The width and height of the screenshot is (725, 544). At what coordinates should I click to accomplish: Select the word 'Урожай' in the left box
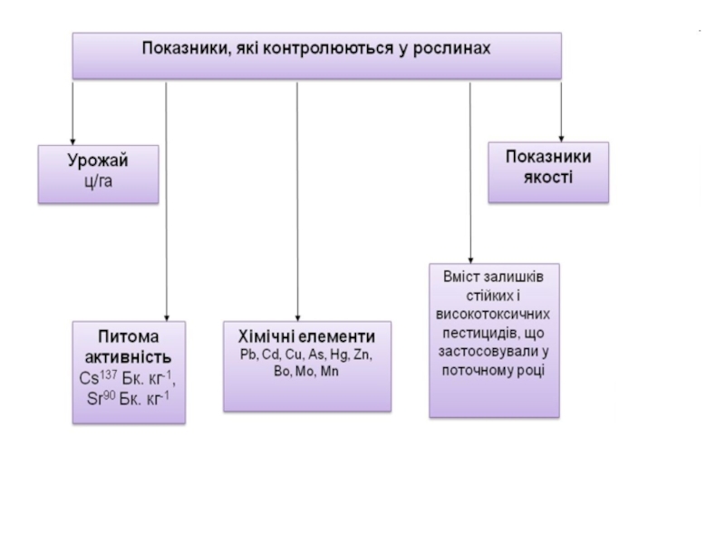click(x=97, y=160)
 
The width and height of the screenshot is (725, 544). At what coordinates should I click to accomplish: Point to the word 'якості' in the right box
click(x=547, y=175)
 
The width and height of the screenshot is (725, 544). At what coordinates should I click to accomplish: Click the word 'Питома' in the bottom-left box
click(x=130, y=336)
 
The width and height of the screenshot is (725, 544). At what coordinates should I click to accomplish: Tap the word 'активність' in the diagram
click(x=131, y=355)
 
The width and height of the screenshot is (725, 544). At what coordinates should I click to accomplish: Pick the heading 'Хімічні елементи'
click(x=307, y=335)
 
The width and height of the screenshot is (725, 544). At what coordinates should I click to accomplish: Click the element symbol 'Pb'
click(x=248, y=355)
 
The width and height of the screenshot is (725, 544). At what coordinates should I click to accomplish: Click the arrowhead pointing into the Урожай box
click(x=72, y=137)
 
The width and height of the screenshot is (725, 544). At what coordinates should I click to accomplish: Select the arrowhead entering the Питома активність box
click(x=165, y=313)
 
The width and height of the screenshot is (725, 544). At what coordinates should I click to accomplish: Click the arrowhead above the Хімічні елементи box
click(x=296, y=313)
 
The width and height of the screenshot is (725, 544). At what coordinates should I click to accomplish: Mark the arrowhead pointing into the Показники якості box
click(x=562, y=135)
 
